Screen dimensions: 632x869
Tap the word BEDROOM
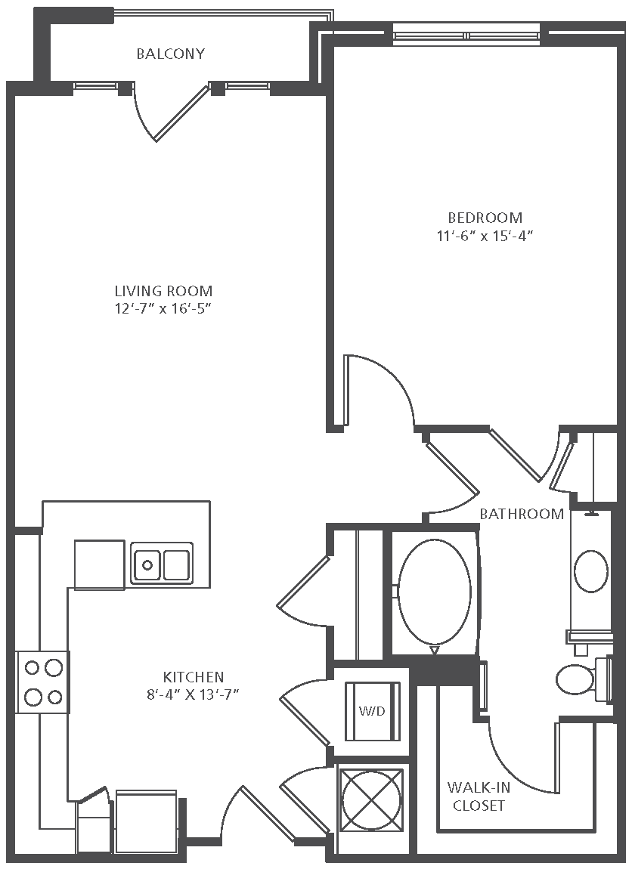point(485,218)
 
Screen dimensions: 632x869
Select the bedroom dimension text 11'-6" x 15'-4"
point(485,236)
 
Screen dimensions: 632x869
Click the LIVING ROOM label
point(163,290)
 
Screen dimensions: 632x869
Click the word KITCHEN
point(194,677)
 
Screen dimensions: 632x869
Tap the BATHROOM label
point(522,514)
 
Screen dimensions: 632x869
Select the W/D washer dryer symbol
point(372,711)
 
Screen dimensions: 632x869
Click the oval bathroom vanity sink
point(591,571)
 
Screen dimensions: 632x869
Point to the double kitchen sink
point(162,563)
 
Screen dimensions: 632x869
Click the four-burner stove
point(42,681)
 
